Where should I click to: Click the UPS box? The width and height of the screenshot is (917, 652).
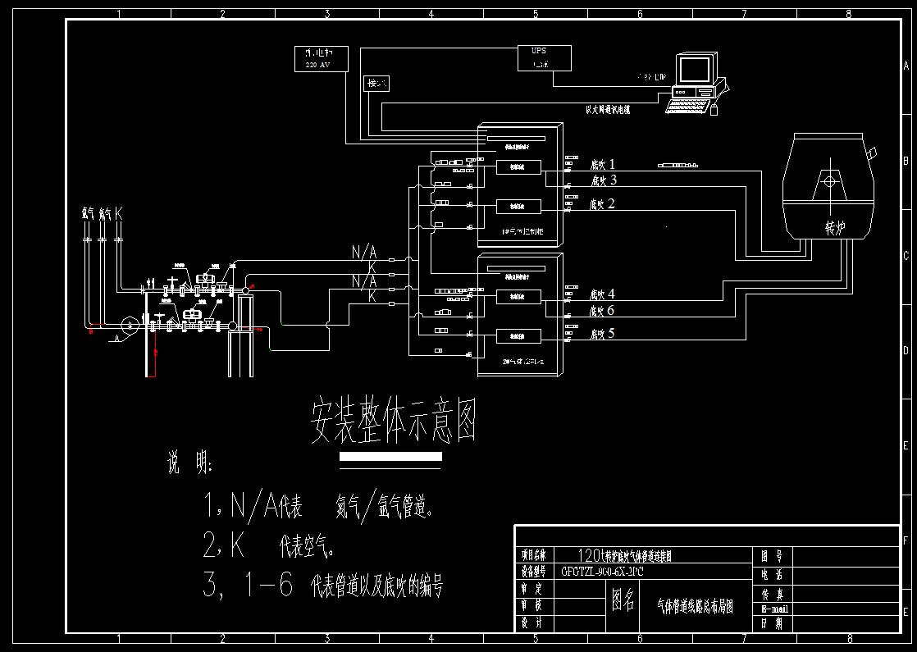click(538, 57)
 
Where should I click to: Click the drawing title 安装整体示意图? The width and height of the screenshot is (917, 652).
click(393, 422)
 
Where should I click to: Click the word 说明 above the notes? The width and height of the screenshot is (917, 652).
click(189, 464)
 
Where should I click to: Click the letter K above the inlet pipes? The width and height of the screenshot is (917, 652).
click(119, 213)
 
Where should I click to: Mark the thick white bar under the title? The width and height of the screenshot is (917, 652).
click(390, 457)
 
